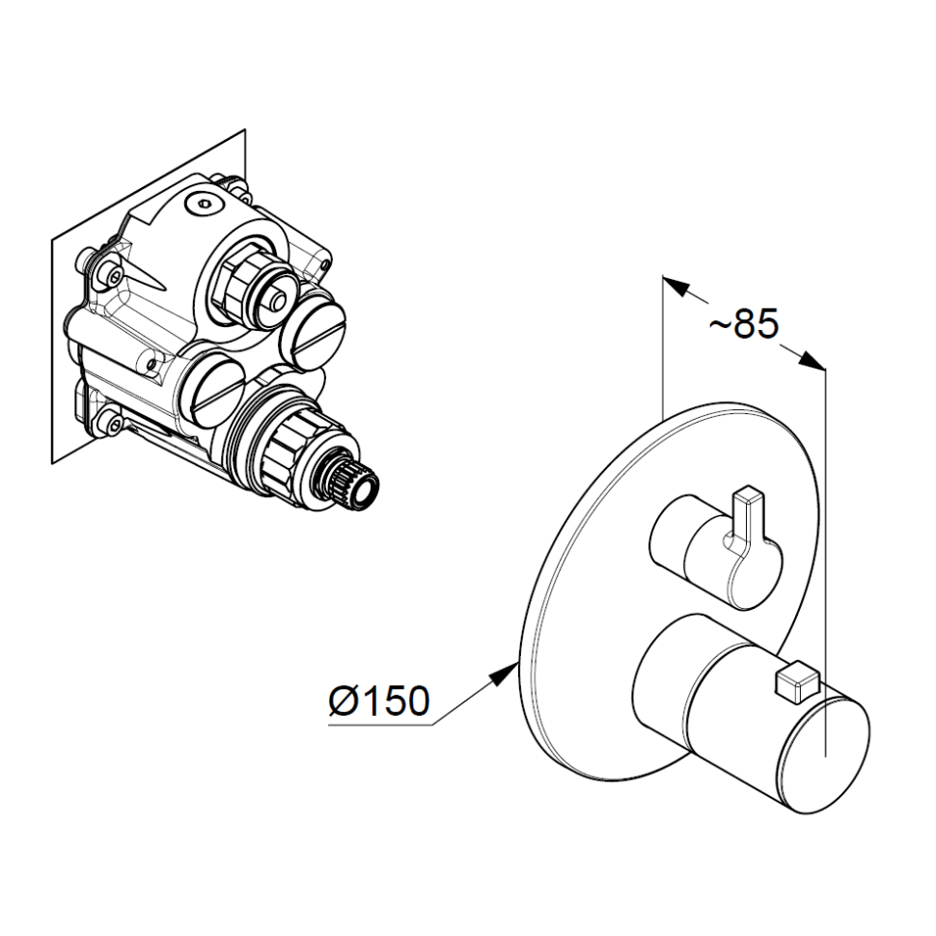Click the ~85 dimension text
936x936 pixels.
tap(744, 324)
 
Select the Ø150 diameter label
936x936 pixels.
tap(379, 701)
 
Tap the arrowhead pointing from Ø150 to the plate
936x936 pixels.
tap(503, 674)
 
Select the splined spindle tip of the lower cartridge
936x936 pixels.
tap(352, 482)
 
